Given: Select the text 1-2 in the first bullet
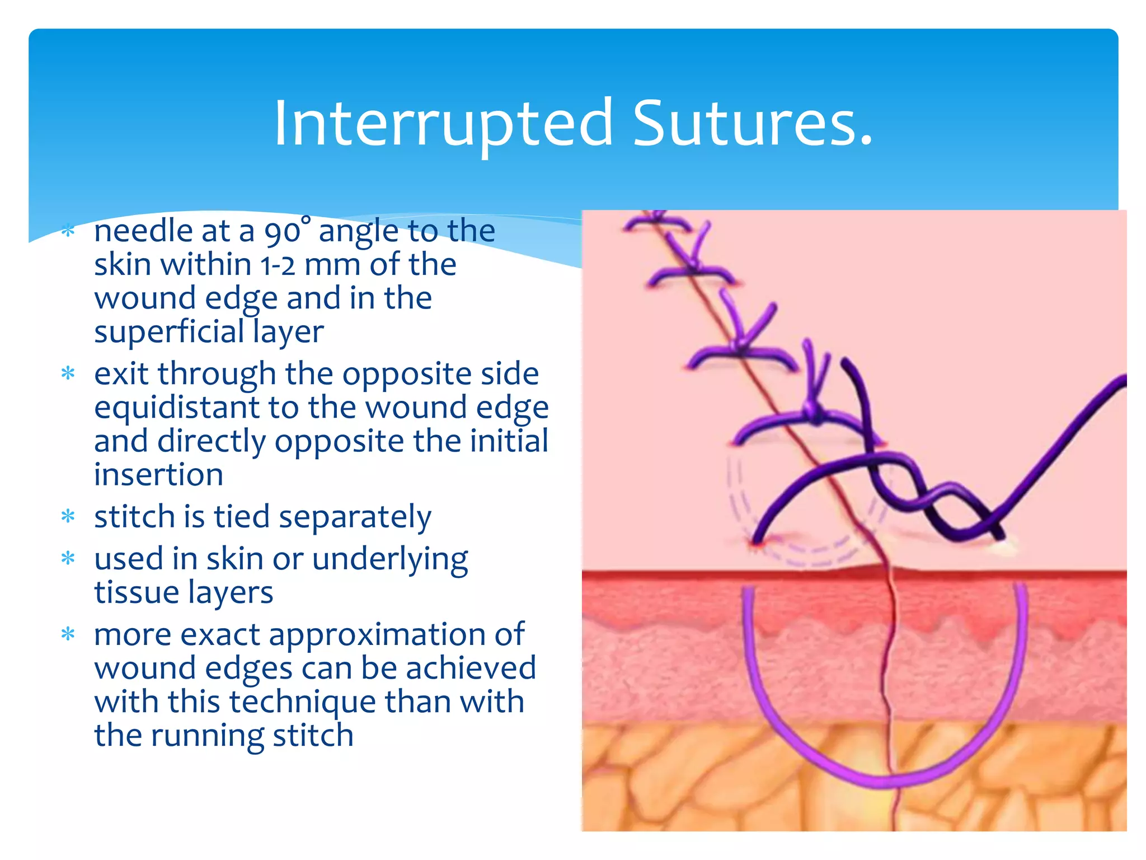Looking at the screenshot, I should tap(278, 264).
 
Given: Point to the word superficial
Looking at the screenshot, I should tap(168, 331).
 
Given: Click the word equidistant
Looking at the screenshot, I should tap(176, 408).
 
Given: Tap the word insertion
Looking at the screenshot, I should tap(158, 475).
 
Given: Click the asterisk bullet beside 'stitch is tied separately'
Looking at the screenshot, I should tap(68, 516).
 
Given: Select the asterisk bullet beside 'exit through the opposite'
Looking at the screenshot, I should tap(68, 373).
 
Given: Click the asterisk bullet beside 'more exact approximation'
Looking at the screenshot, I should tap(68, 634).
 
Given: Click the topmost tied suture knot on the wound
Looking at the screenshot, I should tap(659, 220).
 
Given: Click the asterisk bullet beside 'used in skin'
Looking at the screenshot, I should tap(68, 558).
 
